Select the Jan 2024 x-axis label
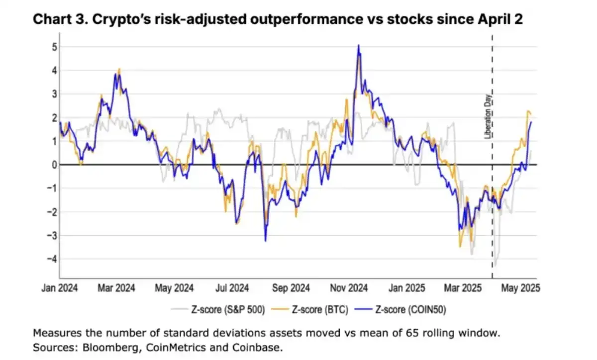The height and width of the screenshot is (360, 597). coord(60,288)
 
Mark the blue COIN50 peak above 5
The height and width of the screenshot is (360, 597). coord(358,45)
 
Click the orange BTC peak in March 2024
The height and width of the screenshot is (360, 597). coord(119,69)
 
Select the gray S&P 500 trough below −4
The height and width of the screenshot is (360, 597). coord(495,266)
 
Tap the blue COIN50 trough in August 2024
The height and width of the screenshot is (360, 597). coord(265,241)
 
